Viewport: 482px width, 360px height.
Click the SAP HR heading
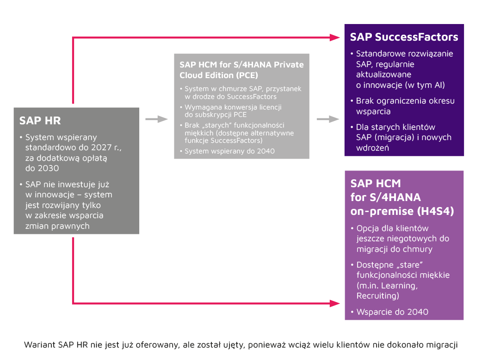point(40,121)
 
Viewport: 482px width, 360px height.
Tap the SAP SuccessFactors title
point(404,37)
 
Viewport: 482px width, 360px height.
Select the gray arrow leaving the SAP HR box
point(156,119)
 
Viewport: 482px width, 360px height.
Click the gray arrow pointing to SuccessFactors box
point(328,119)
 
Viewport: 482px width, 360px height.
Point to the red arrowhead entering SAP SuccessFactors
point(336,37)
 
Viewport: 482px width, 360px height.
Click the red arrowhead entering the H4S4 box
point(336,304)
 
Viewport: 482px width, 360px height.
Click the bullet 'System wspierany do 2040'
point(229,151)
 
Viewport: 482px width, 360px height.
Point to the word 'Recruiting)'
point(377,296)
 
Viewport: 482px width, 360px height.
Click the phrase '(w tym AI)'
point(423,85)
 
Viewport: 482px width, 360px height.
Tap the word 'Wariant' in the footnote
point(39,345)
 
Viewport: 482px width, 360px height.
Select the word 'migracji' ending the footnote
point(443,345)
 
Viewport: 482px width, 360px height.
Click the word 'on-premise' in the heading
point(377,211)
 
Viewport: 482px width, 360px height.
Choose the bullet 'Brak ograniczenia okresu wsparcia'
point(405,106)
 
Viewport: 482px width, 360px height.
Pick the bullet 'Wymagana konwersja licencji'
point(233,111)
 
